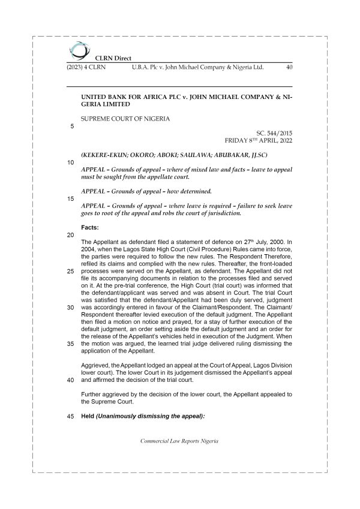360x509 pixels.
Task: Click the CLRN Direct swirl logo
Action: tap(78, 49)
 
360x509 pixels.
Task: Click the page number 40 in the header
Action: tap(289, 68)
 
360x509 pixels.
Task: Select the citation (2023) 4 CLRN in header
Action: tap(86, 68)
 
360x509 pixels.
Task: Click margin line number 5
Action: tap(72, 126)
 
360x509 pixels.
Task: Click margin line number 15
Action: tap(71, 198)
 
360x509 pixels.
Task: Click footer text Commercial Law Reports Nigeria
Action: tap(179, 441)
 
